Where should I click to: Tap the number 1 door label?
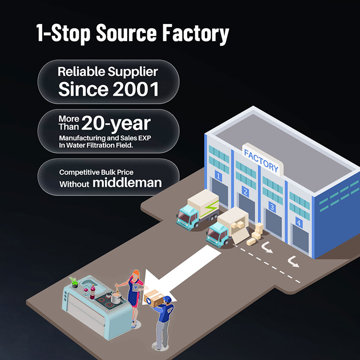pyautogui.click(x=218, y=176)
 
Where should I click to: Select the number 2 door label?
pyautogui.click(x=245, y=191)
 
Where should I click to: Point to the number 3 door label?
pyautogui.click(x=272, y=206)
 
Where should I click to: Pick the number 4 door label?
pyautogui.click(x=299, y=222)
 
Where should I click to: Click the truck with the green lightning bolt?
pyautogui.click(x=198, y=210)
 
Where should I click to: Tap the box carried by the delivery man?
pyautogui.click(x=154, y=298)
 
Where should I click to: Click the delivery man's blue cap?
pyautogui.click(x=168, y=299)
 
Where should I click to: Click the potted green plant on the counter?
pyautogui.click(x=74, y=282)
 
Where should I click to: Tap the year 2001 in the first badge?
pyautogui.click(x=136, y=89)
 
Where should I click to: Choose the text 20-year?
pyautogui.click(x=116, y=124)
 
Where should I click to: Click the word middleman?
pyautogui.click(x=127, y=182)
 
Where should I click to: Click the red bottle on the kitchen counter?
pyautogui.click(x=93, y=291)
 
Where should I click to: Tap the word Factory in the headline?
pyautogui.click(x=196, y=34)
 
